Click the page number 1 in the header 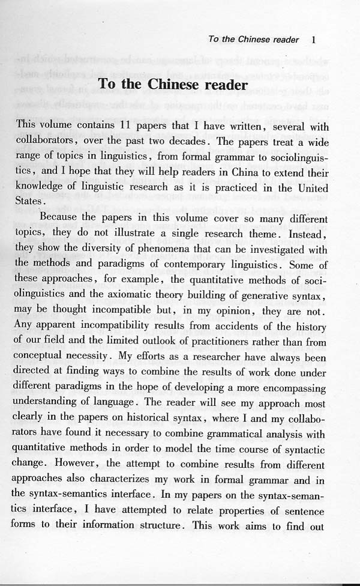[x=314, y=40]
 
